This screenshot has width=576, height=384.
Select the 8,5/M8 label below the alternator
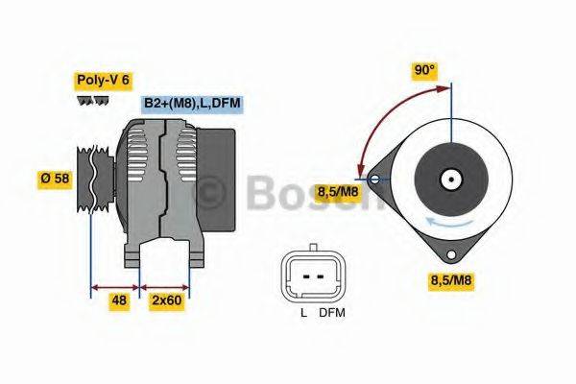tap(449, 280)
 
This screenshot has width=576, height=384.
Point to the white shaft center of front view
tap(448, 178)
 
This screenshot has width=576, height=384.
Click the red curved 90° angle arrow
tap(384, 115)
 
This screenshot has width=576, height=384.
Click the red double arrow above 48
tap(114, 286)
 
